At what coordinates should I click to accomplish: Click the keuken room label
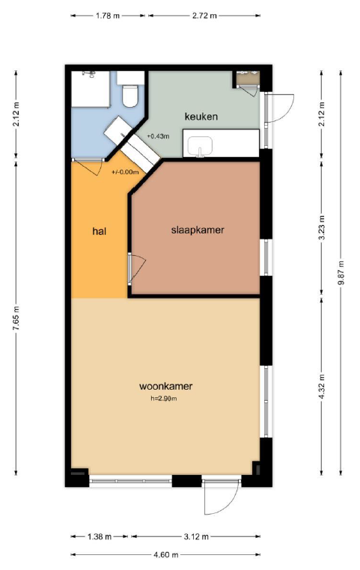click(x=201, y=117)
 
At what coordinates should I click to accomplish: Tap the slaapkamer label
click(x=198, y=230)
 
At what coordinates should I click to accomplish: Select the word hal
click(x=99, y=231)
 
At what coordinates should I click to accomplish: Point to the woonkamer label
click(x=166, y=386)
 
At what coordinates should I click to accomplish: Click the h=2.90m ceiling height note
click(x=164, y=399)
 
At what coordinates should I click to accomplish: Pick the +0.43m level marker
click(x=158, y=136)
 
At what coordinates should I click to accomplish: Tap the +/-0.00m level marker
click(x=125, y=172)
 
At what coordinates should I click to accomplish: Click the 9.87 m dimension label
click(x=341, y=273)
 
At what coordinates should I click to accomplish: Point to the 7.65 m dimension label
click(x=16, y=319)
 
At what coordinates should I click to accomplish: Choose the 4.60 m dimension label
click(x=166, y=555)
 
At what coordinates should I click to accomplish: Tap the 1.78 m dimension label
click(x=108, y=16)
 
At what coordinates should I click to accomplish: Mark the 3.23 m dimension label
click(x=321, y=228)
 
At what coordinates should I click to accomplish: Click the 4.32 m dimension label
click(x=321, y=387)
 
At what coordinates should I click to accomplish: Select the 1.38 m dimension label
click(x=100, y=536)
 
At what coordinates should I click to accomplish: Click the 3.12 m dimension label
click(x=196, y=536)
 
